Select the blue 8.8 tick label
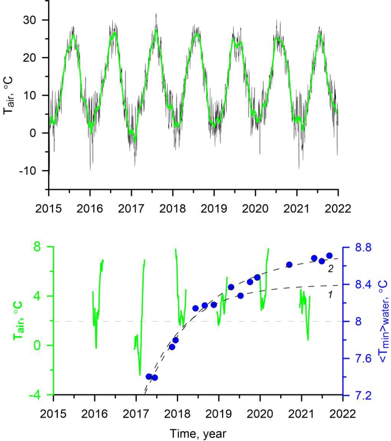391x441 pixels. pyautogui.click(x=359, y=247)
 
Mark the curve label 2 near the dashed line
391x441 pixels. pyautogui.click(x=330, y=269)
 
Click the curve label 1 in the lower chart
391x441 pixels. pyautogui.click(x=330, y=294)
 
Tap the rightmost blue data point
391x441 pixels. pyautogui.click(x=329, y=255)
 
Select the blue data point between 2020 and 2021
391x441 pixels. pyautogui.click(x=289, y=264)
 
